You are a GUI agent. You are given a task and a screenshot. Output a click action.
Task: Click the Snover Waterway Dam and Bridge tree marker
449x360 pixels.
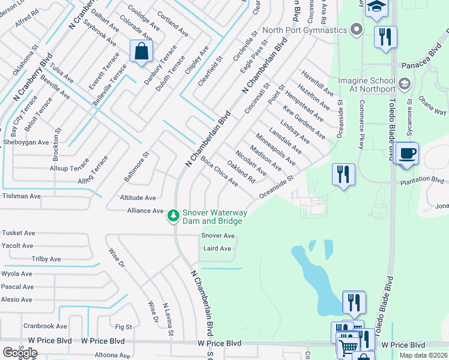point(173,215)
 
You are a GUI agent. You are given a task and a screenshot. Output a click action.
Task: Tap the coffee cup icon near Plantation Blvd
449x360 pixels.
point(408,154)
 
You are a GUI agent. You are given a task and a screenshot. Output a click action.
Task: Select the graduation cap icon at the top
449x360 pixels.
point(376,7)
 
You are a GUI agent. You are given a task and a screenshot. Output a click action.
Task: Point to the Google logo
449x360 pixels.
point(20,352)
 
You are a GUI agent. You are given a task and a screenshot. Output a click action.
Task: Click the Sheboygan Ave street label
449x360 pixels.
point(26,142)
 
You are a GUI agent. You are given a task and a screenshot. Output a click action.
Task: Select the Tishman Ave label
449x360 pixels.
point(22,196)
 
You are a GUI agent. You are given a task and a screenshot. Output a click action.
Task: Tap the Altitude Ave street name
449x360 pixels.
point(137,197)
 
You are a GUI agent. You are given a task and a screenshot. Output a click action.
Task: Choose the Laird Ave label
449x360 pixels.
point(217,248)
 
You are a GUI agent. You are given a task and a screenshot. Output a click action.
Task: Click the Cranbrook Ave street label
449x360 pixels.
point(45,326)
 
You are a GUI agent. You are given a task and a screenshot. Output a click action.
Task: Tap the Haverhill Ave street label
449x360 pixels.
point(318,83)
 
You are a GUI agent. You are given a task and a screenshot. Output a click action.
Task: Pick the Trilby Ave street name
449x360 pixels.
point(46,259)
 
